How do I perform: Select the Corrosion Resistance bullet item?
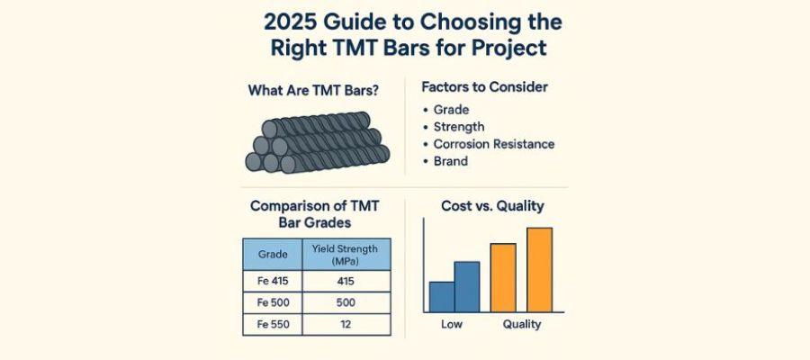pyautogui.click(x=494, y=144)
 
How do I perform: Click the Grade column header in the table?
pyautogui.click(x=273, y=255)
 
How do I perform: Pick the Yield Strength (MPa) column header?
pyautogui.click(x=346, y=255)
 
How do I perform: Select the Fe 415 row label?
pyautogui.click(x=273, y=281)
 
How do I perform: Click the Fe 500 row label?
pyautogui.click(x=273, y=303)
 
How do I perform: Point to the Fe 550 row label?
pyautogui.click(x=273, y=325)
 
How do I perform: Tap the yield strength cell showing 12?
pyautogui.click(x=346, y=325)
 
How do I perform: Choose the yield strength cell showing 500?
pyautogui.click(x=346, y=303)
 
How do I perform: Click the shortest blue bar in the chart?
pyautogui.click(x=441, y=296)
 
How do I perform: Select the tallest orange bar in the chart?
pyautogui.click(x=539, y=268)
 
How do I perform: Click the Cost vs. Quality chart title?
pyautogui.click(x=492, y=206)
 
